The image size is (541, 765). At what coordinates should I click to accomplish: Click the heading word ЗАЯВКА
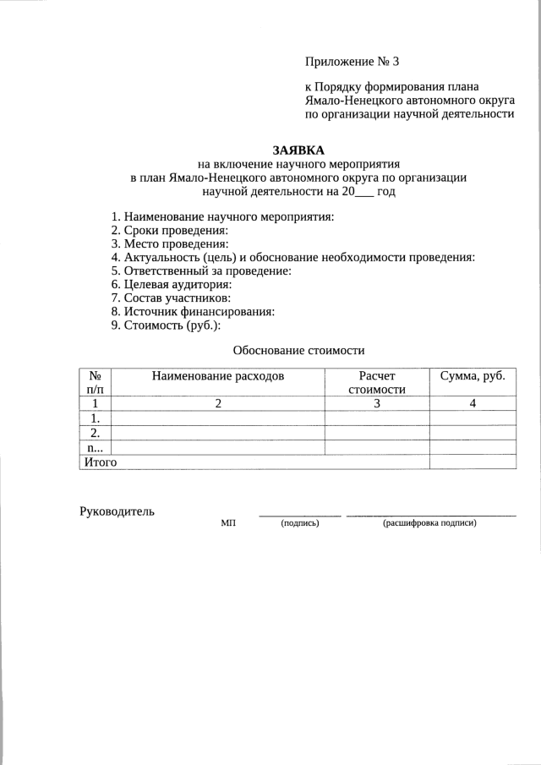(x=298, y=150)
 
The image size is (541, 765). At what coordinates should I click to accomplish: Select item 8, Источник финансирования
(x=193, y=311)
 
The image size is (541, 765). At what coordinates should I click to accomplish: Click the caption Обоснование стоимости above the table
(x=298, y=350)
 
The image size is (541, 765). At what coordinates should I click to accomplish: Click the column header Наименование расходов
(x=218, y=374)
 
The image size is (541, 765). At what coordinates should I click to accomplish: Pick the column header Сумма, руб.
(x=473, y=374)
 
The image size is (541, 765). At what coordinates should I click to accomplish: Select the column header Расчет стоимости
(x=377, y=381)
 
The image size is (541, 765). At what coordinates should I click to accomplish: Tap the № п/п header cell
(x=96, y=381)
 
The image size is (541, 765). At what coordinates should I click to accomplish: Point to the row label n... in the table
(x=96, y=447)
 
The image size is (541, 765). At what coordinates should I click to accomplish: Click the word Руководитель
(x=117, y=511)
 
